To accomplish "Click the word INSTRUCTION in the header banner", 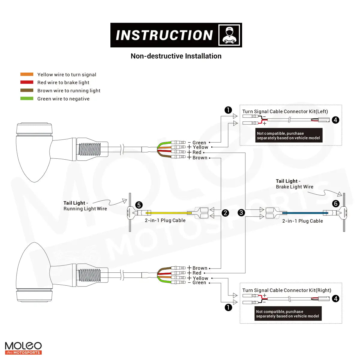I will coord(164,35).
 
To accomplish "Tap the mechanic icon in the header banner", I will coord(229,35).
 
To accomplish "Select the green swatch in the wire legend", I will coord(27,98).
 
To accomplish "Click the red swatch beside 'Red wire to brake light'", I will coord(27,82).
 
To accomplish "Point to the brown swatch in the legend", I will coord(27,90).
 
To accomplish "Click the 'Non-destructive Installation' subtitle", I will coord(176,56).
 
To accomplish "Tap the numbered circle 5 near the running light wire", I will coord(139,205).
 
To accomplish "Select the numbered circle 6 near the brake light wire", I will coord(336,204).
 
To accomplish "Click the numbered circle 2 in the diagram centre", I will coord(225,213).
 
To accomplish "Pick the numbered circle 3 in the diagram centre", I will coord(241,213).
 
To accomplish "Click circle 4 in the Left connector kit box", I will coord(335,120).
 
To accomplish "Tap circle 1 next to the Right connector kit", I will coord(228,307).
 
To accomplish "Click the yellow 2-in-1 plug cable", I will coord(168,213).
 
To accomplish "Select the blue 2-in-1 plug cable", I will coord(303,213).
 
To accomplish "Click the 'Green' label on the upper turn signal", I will coord(199,143).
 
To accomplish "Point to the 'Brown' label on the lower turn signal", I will coord(200,268).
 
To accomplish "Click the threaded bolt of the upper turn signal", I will coord(89,149).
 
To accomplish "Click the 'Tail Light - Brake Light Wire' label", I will coord(294,184).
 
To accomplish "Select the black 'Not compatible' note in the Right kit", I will coord(288,314).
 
